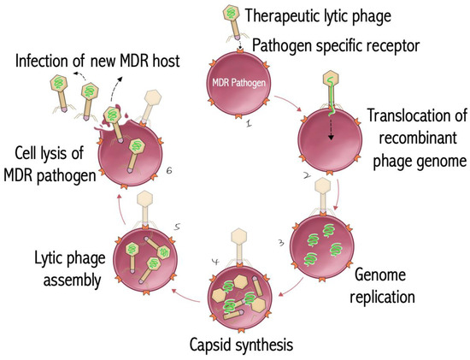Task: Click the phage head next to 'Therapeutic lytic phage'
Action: point(230,14)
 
